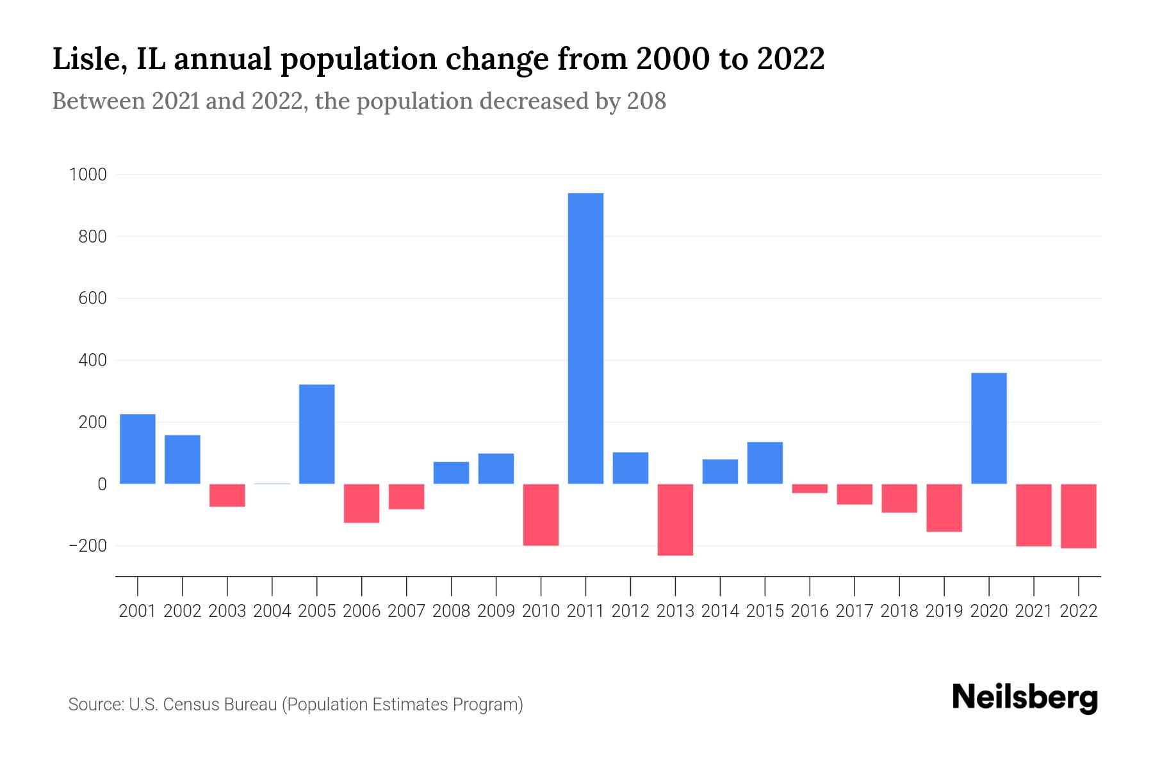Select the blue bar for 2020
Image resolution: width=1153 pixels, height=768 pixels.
pyautogui.click(x=988, y=428)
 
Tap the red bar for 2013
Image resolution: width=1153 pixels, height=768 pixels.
pyautogui.click(x=675, y=520)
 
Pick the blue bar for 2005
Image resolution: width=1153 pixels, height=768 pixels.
pyautogui.click(x=317, y=434)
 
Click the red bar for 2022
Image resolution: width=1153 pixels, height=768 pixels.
pyautogui.click(x=1078, y=516)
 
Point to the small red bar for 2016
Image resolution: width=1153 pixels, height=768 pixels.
pyautogui.click(x=810, y=488)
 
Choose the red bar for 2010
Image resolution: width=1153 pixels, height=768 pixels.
pyautogui.click(x=541, y=515)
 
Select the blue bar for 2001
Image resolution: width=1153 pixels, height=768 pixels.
pyautogui.click(x=138, y=449)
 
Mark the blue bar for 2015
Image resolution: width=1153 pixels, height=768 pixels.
pyautogui.click(x=765, y=463)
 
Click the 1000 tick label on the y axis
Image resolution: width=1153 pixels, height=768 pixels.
pyautogui.click(x=88, y=175)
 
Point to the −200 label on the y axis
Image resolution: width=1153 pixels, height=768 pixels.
pyautogui.click(x=88, y=546)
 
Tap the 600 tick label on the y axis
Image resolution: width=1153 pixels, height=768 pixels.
pyautogui.click(x=92, y=299)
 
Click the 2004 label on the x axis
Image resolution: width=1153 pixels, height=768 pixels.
pyautogui.click(x=272, y=611)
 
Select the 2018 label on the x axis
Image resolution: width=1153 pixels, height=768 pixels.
pyautogui.click(x=899, y=611)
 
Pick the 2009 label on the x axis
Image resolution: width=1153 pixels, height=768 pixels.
pyautogui.click(x=496, y=611)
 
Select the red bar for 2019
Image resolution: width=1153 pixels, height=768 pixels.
pyautogui.click(x=944, y=508)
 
